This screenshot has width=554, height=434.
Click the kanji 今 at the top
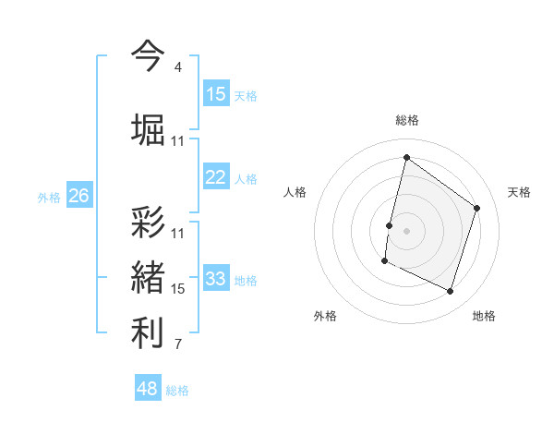(149, 55)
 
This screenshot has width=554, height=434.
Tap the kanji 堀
(149, 128)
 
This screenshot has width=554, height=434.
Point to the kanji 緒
(149, 278)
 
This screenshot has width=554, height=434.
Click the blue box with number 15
(216, 94)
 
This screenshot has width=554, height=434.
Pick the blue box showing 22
(216, 177)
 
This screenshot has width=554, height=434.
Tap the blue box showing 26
(79, 195)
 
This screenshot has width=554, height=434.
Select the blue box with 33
(216, 279)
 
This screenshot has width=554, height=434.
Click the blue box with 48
(148, 389)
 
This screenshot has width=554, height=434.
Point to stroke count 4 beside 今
(177, 67)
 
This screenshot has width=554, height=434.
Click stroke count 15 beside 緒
(178, 289)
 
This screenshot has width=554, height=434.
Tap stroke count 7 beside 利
(177, 345)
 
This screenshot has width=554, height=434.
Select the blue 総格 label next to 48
(177, 391)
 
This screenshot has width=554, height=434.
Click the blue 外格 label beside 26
(49, 197)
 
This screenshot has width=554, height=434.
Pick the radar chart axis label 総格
(406, 121)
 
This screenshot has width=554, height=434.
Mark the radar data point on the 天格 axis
(477, 208)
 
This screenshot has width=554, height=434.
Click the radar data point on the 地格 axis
(451, 292)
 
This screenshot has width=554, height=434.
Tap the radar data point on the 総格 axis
(406, 158)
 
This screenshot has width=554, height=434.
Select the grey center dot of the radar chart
(406, 231)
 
